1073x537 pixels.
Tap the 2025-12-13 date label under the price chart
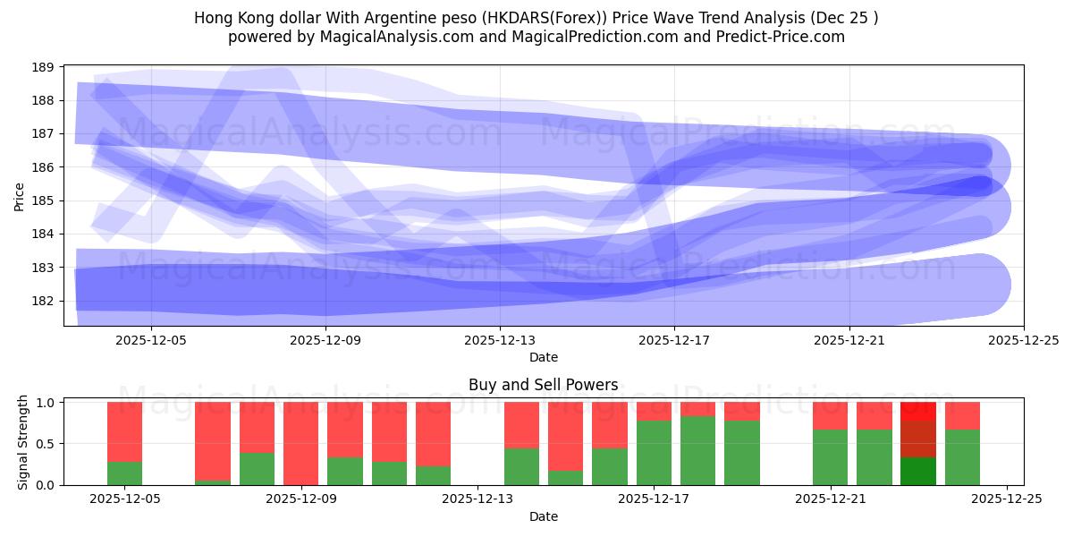pos(500,340)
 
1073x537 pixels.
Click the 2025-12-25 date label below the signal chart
pos(1007,499)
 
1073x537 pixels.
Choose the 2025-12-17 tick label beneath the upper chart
pos(674,340)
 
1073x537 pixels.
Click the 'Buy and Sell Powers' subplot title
pos(543,385)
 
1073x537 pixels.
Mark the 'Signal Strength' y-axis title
pos(23,443)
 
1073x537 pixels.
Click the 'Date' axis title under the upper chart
pos(543,357)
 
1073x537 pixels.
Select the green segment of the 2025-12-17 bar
pos(654,453)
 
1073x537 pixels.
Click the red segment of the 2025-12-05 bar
pos(124,431)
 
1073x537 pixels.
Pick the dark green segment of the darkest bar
pos(917,472)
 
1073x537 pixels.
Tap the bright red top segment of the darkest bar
pos(917,412)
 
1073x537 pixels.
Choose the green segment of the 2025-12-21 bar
pos(830,457)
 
